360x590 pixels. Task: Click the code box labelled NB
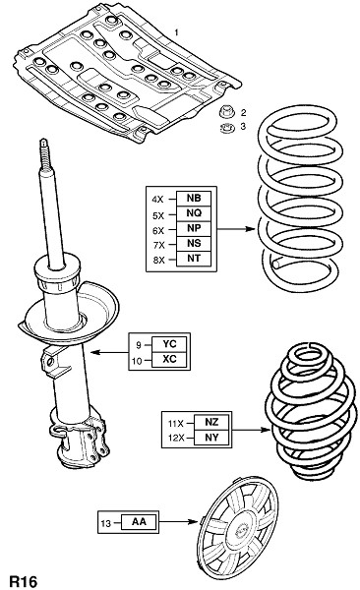pos(194,199)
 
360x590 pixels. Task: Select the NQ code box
pos(194,213)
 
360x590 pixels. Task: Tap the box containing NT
pos(194,259)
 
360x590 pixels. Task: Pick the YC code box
pos(169,344)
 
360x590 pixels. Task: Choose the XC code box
pos(169,359)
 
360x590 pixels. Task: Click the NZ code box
pos(211,422)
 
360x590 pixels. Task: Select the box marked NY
pos(211,438)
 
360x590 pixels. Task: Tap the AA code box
pos(139,522)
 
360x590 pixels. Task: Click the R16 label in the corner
pos(24,581)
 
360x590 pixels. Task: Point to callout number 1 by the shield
pos(176,32)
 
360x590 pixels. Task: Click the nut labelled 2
pos(226,112)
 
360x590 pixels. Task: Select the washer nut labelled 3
pos(227,128)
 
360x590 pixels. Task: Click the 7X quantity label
pos(159,245)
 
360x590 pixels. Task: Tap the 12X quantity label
pos(176,438)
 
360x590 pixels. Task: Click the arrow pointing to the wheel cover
pos(177,522)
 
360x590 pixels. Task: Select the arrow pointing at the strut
pos(109,353)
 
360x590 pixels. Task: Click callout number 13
pos(106,523)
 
